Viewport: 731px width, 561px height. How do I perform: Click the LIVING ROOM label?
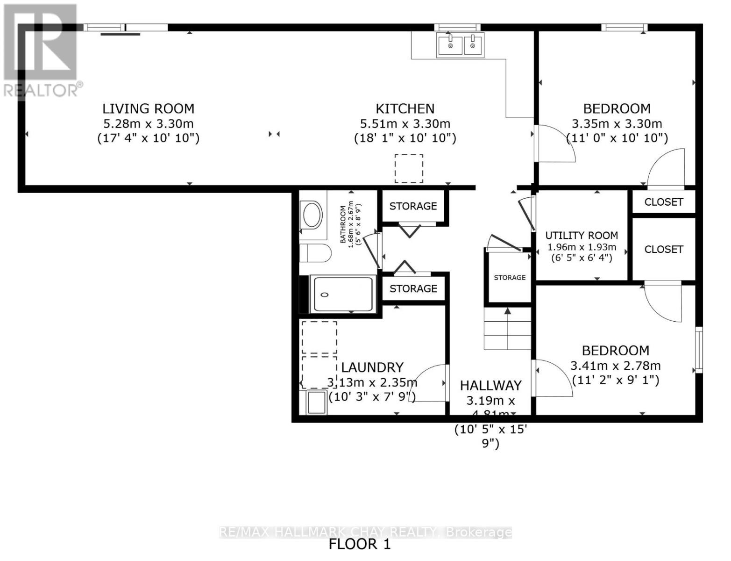click(148, 108)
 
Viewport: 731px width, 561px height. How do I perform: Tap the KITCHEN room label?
click(405, 108)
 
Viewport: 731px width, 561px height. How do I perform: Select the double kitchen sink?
click(460, 45)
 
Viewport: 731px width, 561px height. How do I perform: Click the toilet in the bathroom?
click(314, 253)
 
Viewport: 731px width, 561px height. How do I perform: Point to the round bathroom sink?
click(312, 215)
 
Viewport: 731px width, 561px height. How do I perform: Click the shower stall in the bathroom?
click(344, 294)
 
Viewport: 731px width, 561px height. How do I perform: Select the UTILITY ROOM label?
click(582, 235)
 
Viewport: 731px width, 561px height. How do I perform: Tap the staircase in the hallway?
click(507, 329)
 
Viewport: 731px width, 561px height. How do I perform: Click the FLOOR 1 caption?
click(359, 544)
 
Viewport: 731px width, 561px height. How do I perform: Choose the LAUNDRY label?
click(372, 367)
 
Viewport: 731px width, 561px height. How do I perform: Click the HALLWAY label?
click(490, 386)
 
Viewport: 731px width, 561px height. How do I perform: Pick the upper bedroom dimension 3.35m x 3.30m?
click(617, 124)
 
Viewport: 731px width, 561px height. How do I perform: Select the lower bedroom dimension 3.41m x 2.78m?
click(615, 366)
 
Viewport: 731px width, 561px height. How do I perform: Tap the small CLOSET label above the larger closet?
click(663, 202)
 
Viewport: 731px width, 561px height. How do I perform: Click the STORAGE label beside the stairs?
click(510, 278)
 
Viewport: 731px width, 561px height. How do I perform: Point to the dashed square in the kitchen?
click(409, 168)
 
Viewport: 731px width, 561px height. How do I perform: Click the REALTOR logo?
click(41, 51)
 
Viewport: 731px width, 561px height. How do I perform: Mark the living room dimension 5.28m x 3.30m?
click(148, 124)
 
